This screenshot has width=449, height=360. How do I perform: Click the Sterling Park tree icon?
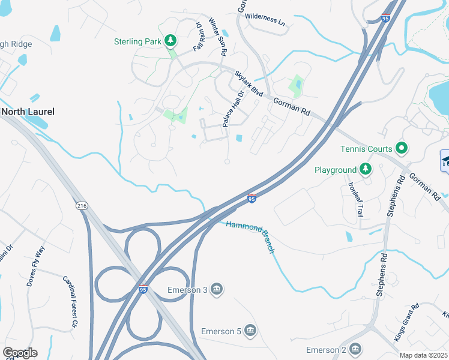(x=171, y=41)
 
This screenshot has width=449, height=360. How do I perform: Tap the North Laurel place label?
(x=28, y=112)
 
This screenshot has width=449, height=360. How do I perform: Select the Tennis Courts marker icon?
(x=402, y=149)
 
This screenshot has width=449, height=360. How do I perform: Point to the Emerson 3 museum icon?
(x=217, y=290)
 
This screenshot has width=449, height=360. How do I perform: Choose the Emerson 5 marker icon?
(x=251, y=331)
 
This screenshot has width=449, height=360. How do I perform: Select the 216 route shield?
(x=82, y=205)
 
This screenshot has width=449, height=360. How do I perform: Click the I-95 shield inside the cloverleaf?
(x=142, y=289)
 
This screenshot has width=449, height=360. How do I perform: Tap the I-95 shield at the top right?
(x=386, y=18)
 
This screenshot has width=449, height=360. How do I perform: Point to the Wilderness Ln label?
(x=265, y=20)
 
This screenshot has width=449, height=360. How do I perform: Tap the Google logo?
(x=20, y=353)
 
